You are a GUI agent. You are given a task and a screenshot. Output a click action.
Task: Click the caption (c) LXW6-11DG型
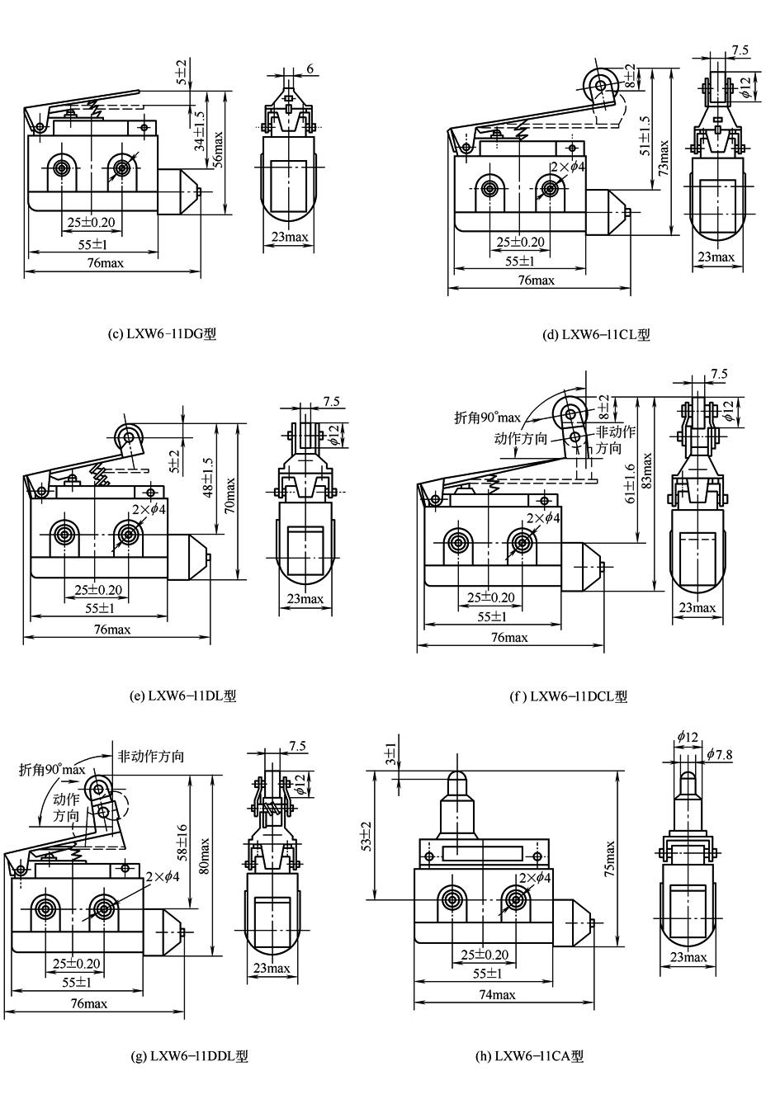tap(162, 334)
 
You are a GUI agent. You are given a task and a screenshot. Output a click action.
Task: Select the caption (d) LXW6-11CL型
tap(596, 334)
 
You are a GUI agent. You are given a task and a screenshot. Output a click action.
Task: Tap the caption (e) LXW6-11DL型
tap(183, 696)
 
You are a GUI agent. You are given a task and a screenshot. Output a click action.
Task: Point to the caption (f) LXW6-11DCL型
tap(569, 696)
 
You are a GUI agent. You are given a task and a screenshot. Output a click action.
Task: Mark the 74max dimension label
tap(497, 994)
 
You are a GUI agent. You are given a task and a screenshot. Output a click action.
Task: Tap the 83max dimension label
tap(648, 470)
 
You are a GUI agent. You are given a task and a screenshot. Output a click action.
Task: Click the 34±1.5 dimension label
tap(199, 131)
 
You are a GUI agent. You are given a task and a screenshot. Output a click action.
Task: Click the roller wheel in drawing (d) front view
tap(599, 83)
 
